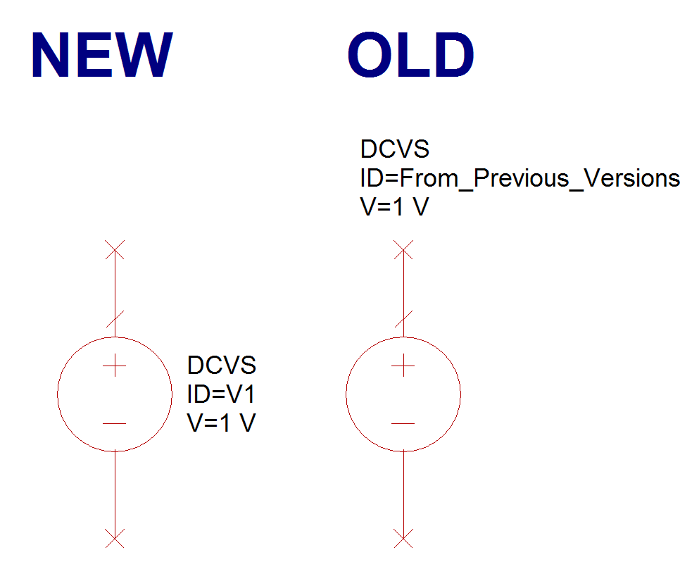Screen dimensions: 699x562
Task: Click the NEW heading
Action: point(101,55)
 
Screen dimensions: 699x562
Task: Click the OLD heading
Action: point(410,55)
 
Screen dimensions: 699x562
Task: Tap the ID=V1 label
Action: point(221,394)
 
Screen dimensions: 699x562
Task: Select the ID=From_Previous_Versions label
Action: point(519,178)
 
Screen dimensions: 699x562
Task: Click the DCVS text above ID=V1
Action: point(222,366)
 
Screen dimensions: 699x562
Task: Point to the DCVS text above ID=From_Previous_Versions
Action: point(394,149)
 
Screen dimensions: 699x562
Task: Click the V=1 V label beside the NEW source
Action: point(221,423)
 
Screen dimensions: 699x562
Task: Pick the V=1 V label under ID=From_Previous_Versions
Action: point(394,206)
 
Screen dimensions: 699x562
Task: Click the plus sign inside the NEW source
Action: point(115,366)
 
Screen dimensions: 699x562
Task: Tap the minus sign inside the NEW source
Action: point(115,423)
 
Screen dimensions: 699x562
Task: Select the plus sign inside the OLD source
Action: point(403,366)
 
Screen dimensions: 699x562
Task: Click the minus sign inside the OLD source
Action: point(403,423)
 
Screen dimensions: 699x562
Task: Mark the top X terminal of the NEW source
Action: point(115,250)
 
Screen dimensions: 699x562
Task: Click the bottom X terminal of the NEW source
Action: point(115,538)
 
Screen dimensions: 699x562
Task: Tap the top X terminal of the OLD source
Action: point(403,250)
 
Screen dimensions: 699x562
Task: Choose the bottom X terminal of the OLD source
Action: point(403,538)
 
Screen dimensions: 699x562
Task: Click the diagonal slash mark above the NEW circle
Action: point(115,319)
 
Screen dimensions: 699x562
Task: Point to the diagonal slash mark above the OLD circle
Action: point(403,319)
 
